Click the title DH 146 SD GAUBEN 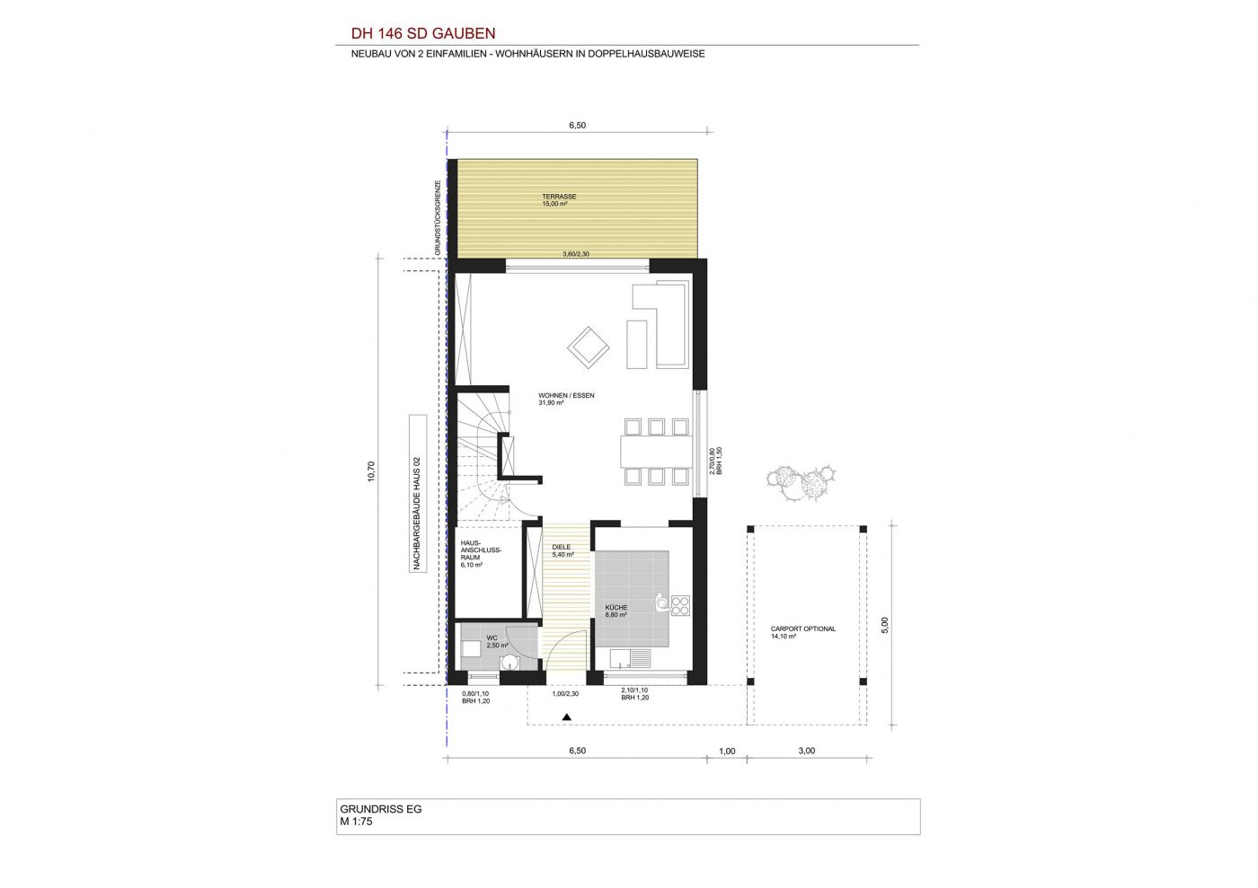[423, 34]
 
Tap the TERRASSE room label [559, 197]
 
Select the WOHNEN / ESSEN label [566, 395]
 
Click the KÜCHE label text [616, 607]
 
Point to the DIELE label [561, 547]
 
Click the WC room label [492, 637]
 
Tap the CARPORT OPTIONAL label [803, 629]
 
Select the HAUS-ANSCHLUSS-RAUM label [481, 550]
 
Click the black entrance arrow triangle [567, 717]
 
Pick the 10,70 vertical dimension [370, 471]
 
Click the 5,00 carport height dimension [884, 625]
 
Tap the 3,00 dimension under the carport [807, 751]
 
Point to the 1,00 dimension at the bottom [727, 751]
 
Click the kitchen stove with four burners [680, 605]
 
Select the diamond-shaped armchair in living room [588, 347]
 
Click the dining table [657, 452]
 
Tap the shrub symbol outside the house [801, 482]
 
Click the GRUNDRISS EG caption [380, 809]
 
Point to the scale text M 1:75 [356, 822]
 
